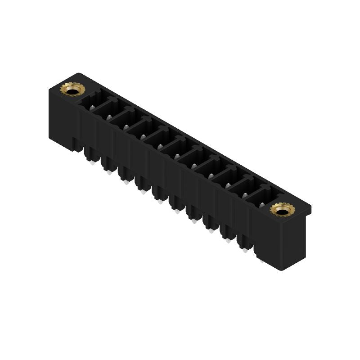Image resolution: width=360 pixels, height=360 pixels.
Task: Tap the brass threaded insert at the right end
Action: coord(282,210)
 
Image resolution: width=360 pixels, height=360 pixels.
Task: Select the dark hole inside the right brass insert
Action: coord(282,210)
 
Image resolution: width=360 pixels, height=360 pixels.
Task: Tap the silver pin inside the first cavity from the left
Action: coord(93,107)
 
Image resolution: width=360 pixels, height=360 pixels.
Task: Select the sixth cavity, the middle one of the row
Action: coord(175,148)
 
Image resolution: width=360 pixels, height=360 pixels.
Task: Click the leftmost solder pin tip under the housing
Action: coord(92,163)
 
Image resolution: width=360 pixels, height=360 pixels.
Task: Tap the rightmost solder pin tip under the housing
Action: coord(261,260)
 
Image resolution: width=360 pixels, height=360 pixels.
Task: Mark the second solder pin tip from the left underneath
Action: coord(108,173)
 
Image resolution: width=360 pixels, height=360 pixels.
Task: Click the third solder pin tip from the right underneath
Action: coord(228,241)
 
